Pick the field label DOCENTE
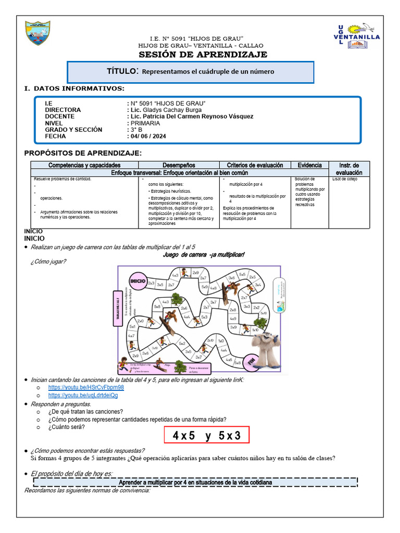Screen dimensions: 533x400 (59, 117)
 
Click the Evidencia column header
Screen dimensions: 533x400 (309, 165)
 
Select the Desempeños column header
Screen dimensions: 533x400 (179, 165)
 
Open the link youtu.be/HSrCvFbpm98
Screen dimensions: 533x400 (86, 388)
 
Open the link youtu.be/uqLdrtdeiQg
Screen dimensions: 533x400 (83, 395)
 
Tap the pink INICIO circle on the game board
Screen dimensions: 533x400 (137, 281)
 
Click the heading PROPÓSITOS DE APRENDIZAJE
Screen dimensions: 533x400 (83, 153)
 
